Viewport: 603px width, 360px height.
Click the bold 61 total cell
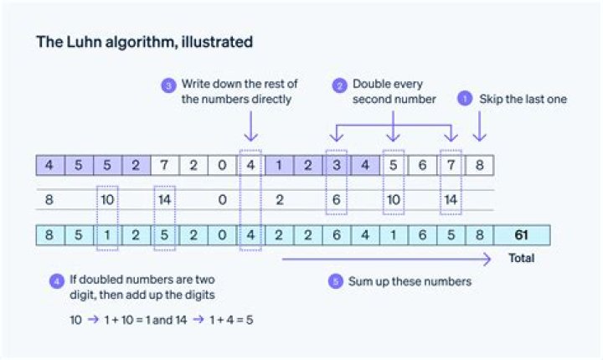pyautogui.click(x=522, y=235)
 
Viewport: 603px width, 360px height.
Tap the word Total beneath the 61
pyautogui.click(x=522, y=258)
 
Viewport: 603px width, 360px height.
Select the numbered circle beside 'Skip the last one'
pyautogui.click(x=465, y=99)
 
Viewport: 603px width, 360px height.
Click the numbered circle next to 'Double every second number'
pyautogui.click(x=339, y=85)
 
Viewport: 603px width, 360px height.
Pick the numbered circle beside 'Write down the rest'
pyautogui.click(x=168, y=85)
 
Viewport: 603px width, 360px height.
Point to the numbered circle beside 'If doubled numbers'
pyautogui.click(x=57, y=281)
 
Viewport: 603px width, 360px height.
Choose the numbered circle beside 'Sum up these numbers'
pyautogui.click(x=335, y=281)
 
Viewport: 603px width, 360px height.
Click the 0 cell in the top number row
pyautogui.click(x=222, y=166)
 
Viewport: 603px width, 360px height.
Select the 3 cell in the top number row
pyautogui.click(x=337, y=166)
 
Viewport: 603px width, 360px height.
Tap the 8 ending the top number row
pyautogui.click(x=480, y=166)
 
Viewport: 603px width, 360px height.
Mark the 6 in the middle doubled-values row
pyautogui.click(x=337, y=199)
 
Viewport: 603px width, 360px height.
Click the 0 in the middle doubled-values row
pyautogui.click(x=222, y=199)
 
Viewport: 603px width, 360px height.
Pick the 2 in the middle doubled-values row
pyautogui.click(x=280, y=199)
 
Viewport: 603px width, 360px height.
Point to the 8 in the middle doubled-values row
pyautogui.click(x=49, y=199)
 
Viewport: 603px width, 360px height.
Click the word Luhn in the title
pyautogui.click(x=84, y=42)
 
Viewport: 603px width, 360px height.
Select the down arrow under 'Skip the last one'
pyautogui.click(x=479, y=126)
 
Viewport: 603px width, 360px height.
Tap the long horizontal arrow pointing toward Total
pyautogui.click(x=386, y=259)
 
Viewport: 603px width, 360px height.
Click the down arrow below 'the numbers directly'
pyautogui.click(x=250, y=126)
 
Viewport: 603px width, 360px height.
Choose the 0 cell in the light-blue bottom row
pyautogui.click(x=222, y=235)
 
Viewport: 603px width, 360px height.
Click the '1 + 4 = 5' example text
pyautogui.click(x=231, y=320)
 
